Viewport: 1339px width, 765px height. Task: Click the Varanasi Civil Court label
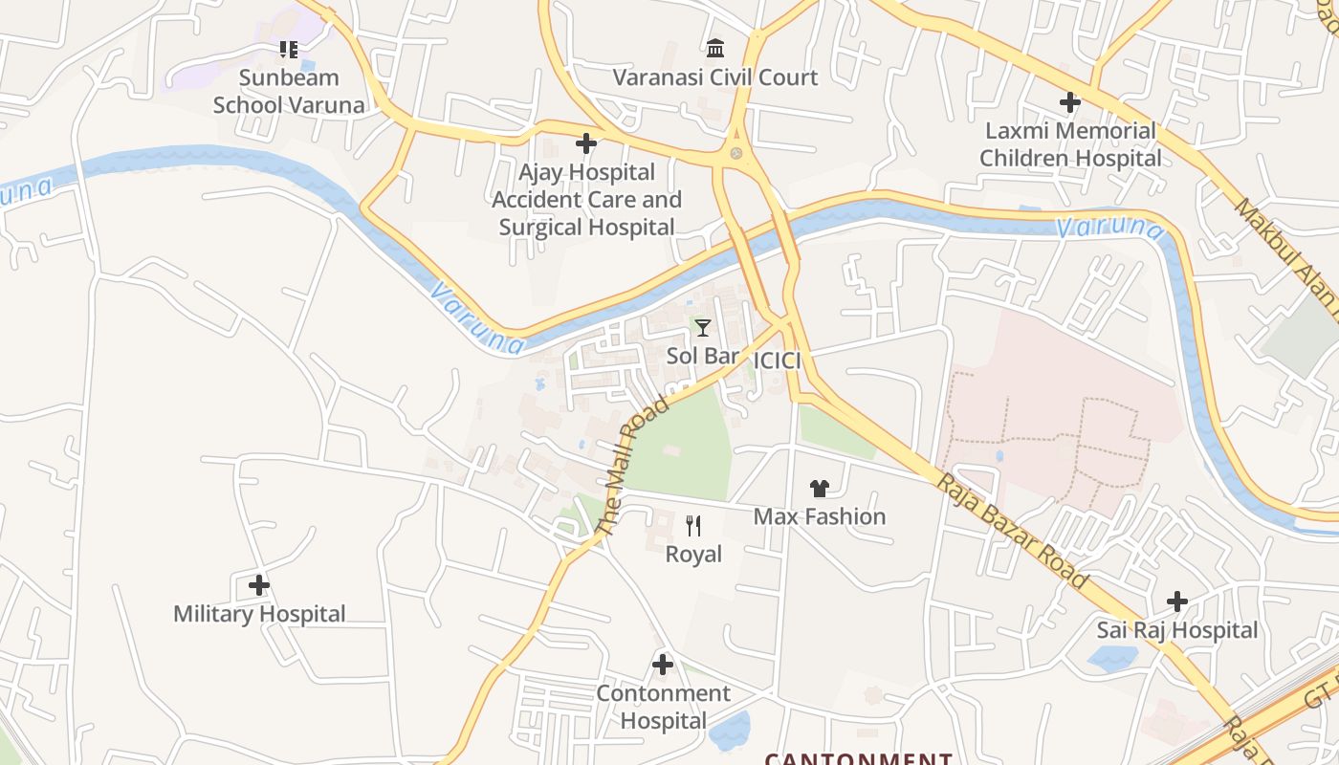click(715, 77)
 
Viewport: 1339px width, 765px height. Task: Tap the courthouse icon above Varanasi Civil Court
click(715, 48)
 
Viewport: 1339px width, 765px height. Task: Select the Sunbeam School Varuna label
click(289, 91)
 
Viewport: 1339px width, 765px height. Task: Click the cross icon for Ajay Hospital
click(586, 144)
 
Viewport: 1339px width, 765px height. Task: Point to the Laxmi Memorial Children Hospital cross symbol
click(1070, 102)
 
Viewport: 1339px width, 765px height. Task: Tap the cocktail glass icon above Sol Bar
click(703, 328)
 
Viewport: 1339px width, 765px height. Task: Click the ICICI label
click(777, 361)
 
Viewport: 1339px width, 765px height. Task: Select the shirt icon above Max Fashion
click(819, 489)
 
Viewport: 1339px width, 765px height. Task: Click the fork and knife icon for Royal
click(693, 525)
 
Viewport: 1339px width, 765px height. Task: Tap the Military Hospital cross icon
click(259, 584)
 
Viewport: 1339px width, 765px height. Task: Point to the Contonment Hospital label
click(663, 707)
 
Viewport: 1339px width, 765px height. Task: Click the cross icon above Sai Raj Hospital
click(1177, 601)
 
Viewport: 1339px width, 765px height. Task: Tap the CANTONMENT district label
click(858, 758)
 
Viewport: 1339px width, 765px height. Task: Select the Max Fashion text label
click(820, 516)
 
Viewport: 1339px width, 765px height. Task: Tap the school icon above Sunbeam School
click(289, 49)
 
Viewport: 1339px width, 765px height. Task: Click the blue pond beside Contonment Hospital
click(730, 731)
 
